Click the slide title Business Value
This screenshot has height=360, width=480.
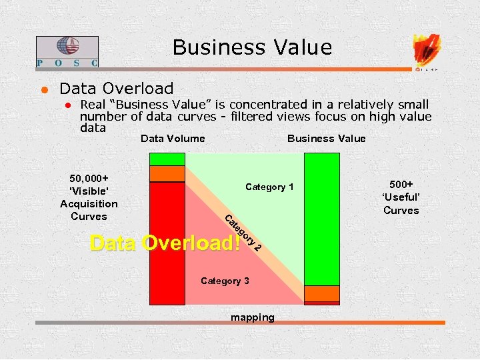[251, 47]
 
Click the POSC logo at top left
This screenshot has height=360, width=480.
[67, 51]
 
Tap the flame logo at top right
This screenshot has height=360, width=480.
[426, 51]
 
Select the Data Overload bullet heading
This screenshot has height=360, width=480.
[116, 89]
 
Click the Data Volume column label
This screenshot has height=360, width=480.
[173, 139]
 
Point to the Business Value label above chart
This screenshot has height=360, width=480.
[326, 139]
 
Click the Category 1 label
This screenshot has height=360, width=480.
[269, 187]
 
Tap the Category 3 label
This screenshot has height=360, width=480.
[225, 281]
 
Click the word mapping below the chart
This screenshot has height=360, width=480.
[252, 317]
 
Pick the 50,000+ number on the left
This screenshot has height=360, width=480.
[89, 179]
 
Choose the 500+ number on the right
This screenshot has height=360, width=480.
[401, 184]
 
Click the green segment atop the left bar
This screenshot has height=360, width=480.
[167, 159]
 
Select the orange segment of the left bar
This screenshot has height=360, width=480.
[167, 174]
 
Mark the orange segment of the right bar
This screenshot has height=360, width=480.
[321, 293]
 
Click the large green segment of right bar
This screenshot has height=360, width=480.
[321, 220]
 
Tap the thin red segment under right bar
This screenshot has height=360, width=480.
[321, 303]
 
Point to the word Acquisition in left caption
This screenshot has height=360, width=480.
[89, 204]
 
